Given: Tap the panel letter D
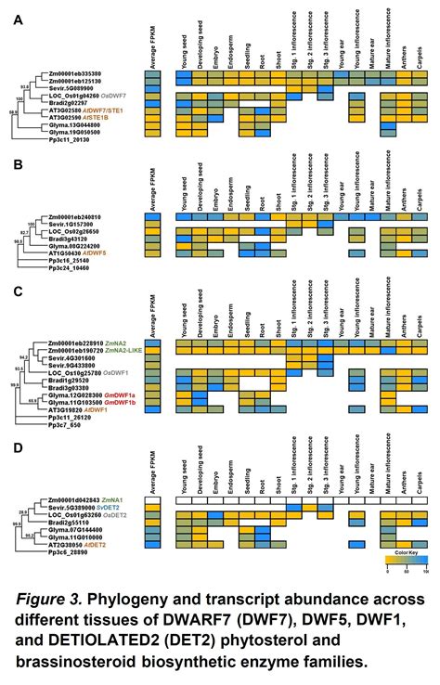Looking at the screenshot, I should [x=17, y=447].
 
